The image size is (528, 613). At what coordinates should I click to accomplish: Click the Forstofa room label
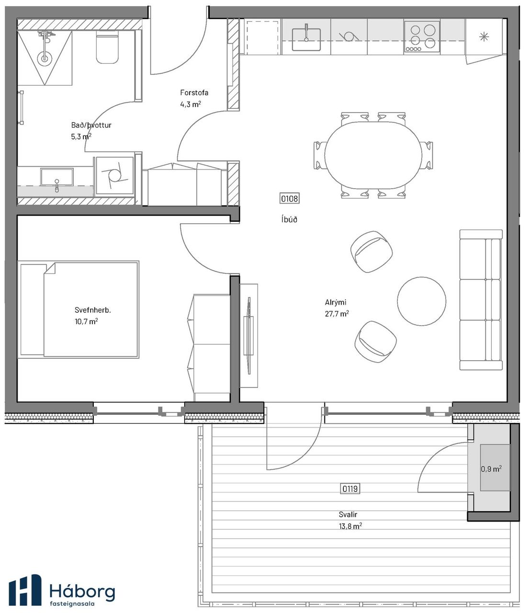point(194,92)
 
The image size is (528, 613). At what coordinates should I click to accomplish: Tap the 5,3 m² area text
point(81,136)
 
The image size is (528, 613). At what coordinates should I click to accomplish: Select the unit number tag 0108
point(289,198)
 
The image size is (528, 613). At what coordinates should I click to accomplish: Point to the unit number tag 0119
point(350,488)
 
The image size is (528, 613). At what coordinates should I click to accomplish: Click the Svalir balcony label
point(348,514)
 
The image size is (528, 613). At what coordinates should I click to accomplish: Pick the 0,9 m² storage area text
point(491,469)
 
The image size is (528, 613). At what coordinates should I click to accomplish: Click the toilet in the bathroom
point(107,49)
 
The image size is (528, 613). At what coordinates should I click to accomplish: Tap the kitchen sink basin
point(306,39)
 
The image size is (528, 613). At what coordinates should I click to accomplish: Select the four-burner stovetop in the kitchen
point(421,37)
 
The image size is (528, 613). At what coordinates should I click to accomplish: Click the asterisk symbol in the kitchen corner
point(484,37)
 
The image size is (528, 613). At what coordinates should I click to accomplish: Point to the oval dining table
point(373,154)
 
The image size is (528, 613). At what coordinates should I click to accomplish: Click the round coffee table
point(422,301)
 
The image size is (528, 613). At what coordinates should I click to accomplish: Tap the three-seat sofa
point(481,300)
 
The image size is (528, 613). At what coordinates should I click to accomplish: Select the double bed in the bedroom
point(79,310)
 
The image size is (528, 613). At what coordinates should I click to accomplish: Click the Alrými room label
point(335,302)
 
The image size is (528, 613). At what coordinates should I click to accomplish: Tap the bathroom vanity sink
point(56,177)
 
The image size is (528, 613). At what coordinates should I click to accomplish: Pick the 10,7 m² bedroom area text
point(86,321)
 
